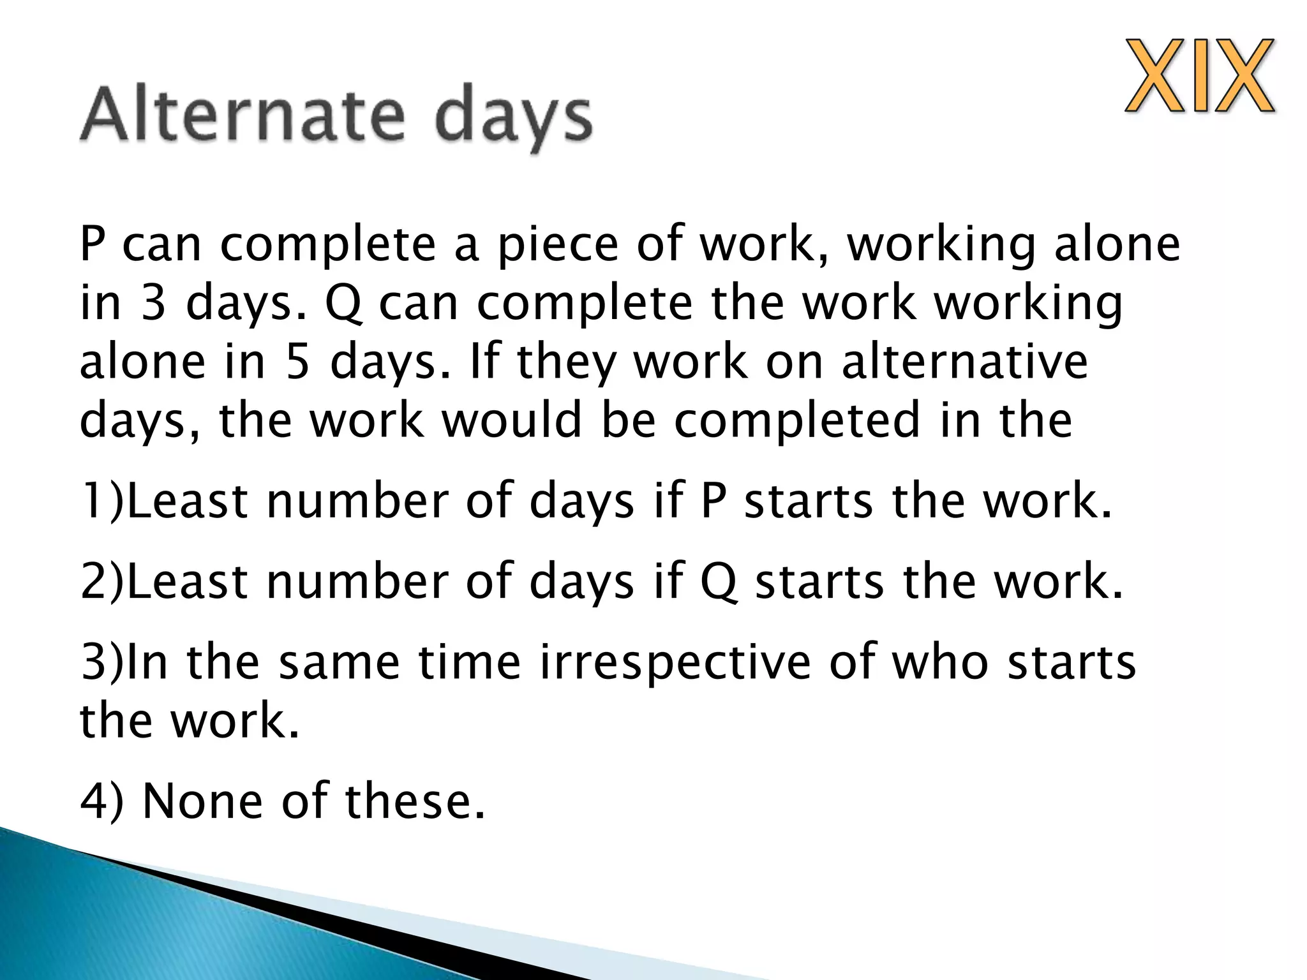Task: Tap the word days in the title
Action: pyautogui.click(x=514, y=119)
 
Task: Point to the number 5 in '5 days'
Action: pyautogui.click(x=297, y=362)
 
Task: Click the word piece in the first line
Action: pyautogui.click(x=558, y=245)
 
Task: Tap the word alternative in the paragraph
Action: pyautogui.click(x=964, y=362)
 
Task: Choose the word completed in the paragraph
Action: pyautogui.click(x=797, y=420)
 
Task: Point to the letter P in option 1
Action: pyautogui.click(x=713, y=501)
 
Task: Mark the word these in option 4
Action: pyautogui.click(x=414, y=801)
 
